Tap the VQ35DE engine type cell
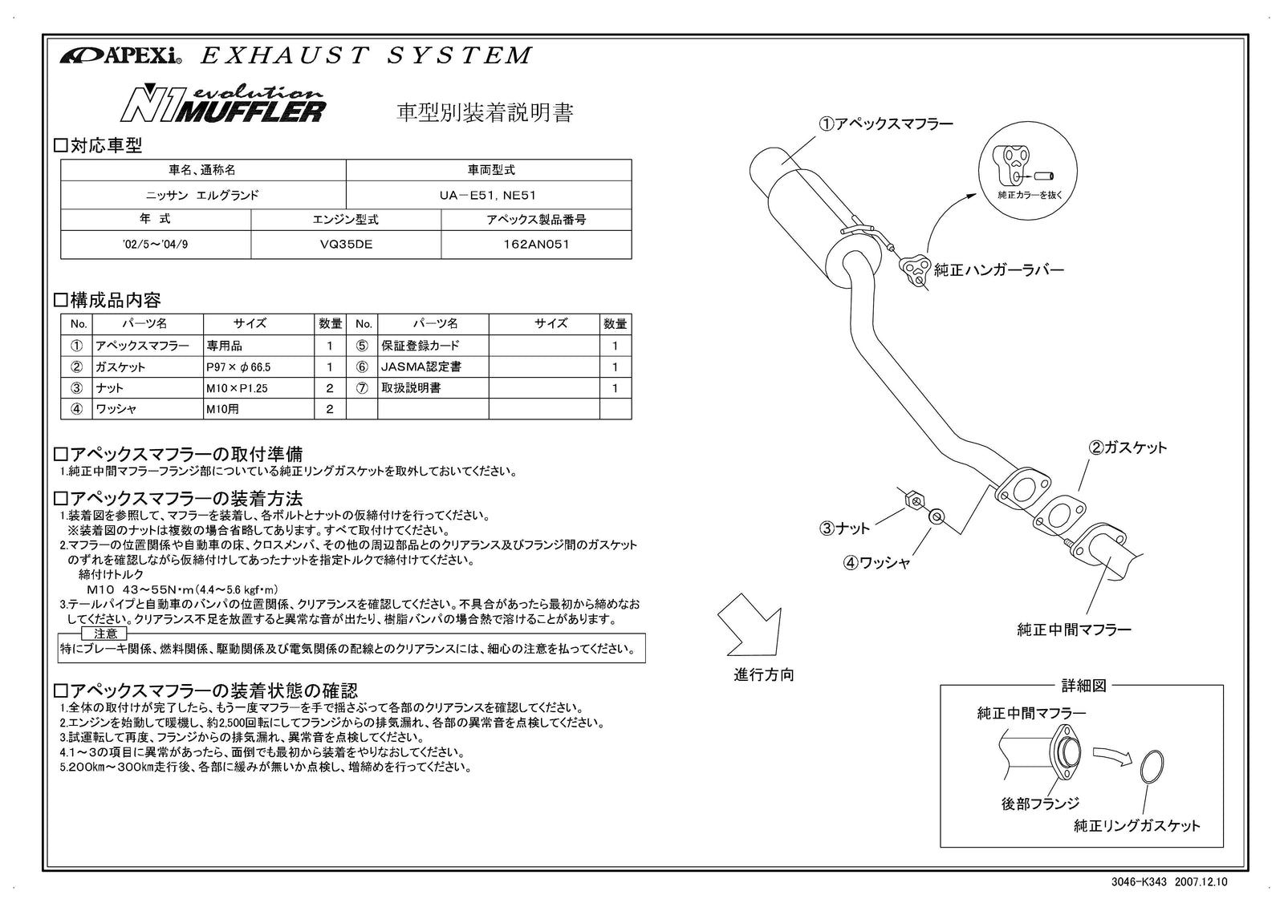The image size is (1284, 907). [x=346, y=245]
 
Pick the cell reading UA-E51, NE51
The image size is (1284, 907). [x=488, y=195]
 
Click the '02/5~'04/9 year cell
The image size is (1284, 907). [x=156, y=245]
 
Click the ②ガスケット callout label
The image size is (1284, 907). [x=1128, y=447]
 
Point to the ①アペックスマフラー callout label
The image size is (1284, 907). [x=885, y=123]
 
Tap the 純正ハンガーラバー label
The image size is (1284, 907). [x=999, y=270]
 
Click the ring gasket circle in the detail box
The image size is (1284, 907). [x=1152, y=766]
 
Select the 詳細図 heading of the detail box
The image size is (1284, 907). [x=1083, y=686]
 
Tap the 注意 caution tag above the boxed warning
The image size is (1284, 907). [x=105, y=633]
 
